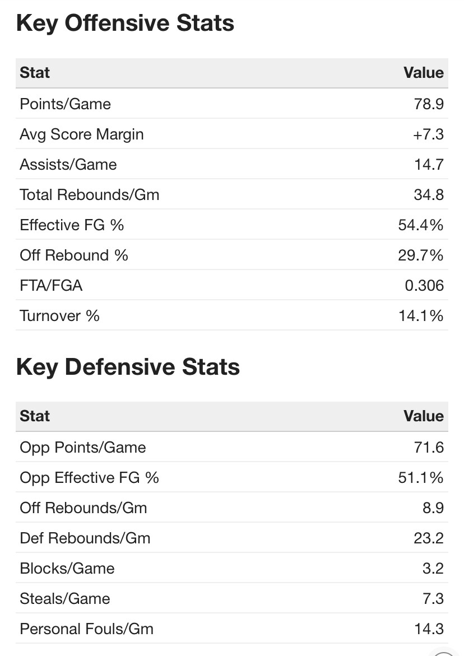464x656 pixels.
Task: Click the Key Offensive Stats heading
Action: (125, 24)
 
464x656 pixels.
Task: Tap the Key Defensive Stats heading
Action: (128, 367)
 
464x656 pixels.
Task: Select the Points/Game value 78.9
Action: (429, 104)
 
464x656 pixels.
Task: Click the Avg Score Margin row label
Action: (81, 134)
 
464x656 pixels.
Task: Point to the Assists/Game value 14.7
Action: (429, 165)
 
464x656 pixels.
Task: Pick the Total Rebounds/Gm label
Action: (89, 195)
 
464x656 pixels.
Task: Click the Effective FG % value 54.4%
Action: (420, 225)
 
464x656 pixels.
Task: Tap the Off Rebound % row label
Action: (74, 255)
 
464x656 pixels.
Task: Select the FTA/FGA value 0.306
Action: (424, 286)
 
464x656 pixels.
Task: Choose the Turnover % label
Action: (59, 316)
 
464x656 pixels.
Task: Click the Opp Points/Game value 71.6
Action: (429, 448)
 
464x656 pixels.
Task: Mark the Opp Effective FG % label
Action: (89, 478)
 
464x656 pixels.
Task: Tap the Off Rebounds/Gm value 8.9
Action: (433, 508)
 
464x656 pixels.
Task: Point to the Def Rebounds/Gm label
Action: (85, 538)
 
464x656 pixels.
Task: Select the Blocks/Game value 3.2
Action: (433, 569)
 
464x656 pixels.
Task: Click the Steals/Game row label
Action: (64, 599)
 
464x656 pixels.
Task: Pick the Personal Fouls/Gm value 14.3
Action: (429, 629)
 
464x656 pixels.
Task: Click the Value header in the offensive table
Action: (423, 73)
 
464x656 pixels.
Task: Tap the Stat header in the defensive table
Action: (35, 416)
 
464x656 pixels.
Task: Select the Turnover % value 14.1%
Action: (421, 316)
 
